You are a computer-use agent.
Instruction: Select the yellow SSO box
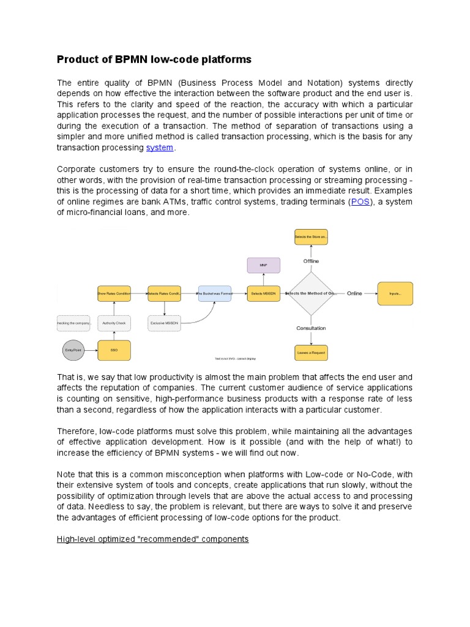click(114, 350)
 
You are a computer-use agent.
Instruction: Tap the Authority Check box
click(114, 323)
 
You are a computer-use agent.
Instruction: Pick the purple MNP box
click(263, 266)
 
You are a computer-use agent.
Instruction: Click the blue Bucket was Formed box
click(214, 293)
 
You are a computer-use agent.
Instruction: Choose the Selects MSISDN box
click(263, 293)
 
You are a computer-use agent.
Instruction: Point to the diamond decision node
click(311, 293)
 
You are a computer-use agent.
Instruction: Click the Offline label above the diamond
click(311, 261)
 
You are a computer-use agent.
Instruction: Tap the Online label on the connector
click(354, 293)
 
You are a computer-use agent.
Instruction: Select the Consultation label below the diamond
click(311, 328)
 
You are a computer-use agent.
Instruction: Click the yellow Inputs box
click(395, 293)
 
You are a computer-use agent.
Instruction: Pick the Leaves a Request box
click(311, 353)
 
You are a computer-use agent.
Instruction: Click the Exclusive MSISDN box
click(164, 323)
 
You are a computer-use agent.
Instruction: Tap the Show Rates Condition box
click(114, 293)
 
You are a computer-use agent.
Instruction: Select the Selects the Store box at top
click(311, 236)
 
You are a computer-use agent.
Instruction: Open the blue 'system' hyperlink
click(159, 148)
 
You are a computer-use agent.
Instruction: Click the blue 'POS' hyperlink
click(360, 201)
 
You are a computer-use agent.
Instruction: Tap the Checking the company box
click(73, 323)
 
